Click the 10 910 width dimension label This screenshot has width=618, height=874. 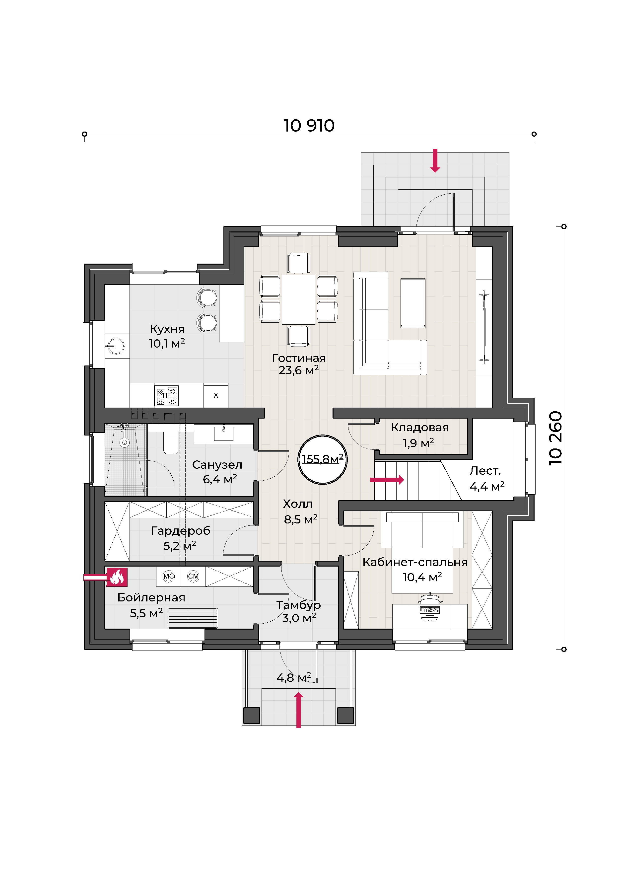[x=309, y=126]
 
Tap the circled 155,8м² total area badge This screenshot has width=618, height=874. [x=322, y=459]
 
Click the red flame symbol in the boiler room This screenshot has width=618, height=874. [x=117, y=577]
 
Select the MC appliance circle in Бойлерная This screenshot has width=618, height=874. [x=169, y=576]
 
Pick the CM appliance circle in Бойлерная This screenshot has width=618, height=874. [x=193, y=576]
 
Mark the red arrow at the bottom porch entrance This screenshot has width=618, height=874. [x=299, y=710]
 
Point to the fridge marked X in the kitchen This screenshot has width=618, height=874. [x=216, y=395]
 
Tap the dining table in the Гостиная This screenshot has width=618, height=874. [x=299, y=299]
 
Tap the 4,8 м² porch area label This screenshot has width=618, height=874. [x=294, y=678]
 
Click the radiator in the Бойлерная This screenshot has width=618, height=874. [x=193, y=617]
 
